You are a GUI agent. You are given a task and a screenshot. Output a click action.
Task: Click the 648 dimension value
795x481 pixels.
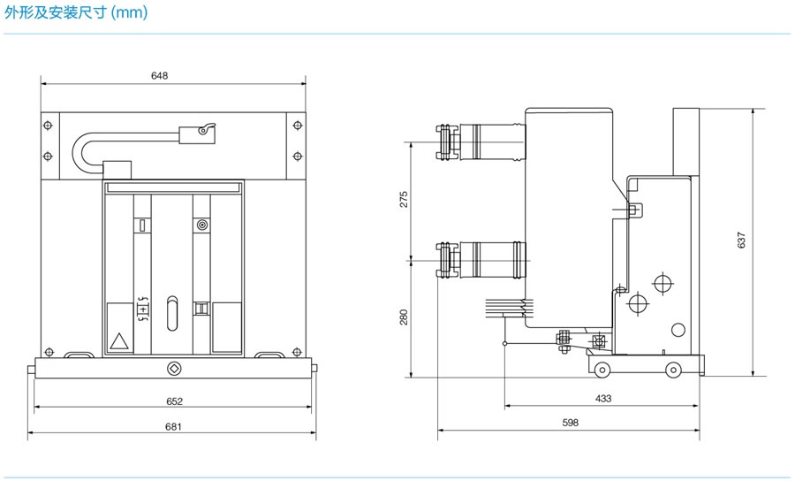click(x=159, y=76)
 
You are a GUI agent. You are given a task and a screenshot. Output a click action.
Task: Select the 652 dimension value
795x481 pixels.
click(x=174, y=401)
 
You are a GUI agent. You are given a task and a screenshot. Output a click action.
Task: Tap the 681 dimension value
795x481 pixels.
click(x=173, y=427)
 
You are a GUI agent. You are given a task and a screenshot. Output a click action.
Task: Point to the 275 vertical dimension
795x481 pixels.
click(x=404, y=200)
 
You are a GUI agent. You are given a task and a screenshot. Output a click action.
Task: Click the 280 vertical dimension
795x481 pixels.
click(x=404, y=317)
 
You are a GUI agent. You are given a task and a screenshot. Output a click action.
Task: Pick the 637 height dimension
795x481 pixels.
click(x=741, y=240)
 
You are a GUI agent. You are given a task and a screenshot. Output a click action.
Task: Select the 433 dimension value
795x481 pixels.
click(x=602, y=398)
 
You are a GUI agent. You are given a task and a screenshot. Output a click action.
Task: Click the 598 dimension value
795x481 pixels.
click(x=571, y=422)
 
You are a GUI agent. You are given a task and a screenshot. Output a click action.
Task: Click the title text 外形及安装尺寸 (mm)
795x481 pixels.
click(x=76, y=12)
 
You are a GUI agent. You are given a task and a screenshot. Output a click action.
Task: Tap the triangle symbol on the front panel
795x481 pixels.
click(x=119, y=341)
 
